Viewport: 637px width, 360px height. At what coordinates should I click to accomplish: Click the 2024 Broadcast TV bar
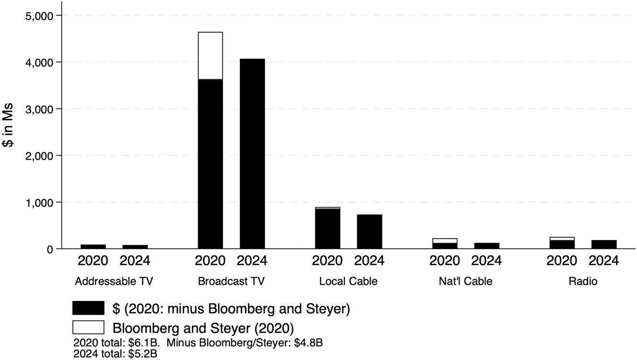coord(252,153)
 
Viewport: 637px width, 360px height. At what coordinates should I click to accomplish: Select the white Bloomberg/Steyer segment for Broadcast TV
coord(210,56)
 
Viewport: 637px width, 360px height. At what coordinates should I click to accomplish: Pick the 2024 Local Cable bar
coord(369,232)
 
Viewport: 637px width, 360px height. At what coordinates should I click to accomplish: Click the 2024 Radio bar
coord(604,244)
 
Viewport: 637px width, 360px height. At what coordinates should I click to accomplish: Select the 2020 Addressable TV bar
coord(93,246)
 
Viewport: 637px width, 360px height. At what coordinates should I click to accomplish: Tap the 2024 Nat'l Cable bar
coord(487,246)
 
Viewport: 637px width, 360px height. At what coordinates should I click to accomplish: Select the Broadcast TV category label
coord(231,281)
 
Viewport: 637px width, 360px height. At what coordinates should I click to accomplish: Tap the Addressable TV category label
coord(114,281)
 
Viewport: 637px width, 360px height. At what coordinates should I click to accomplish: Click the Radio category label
coord(583,281)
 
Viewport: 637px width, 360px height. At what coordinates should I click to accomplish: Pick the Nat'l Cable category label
coord(465,281)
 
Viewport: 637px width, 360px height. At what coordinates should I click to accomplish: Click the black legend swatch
coord(88,308)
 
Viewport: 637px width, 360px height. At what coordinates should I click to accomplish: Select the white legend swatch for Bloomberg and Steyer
coord(88,327)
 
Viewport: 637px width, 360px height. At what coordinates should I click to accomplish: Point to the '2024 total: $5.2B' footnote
coord(115,354)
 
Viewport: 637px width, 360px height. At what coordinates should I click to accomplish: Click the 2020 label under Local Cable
coord(328,261)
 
